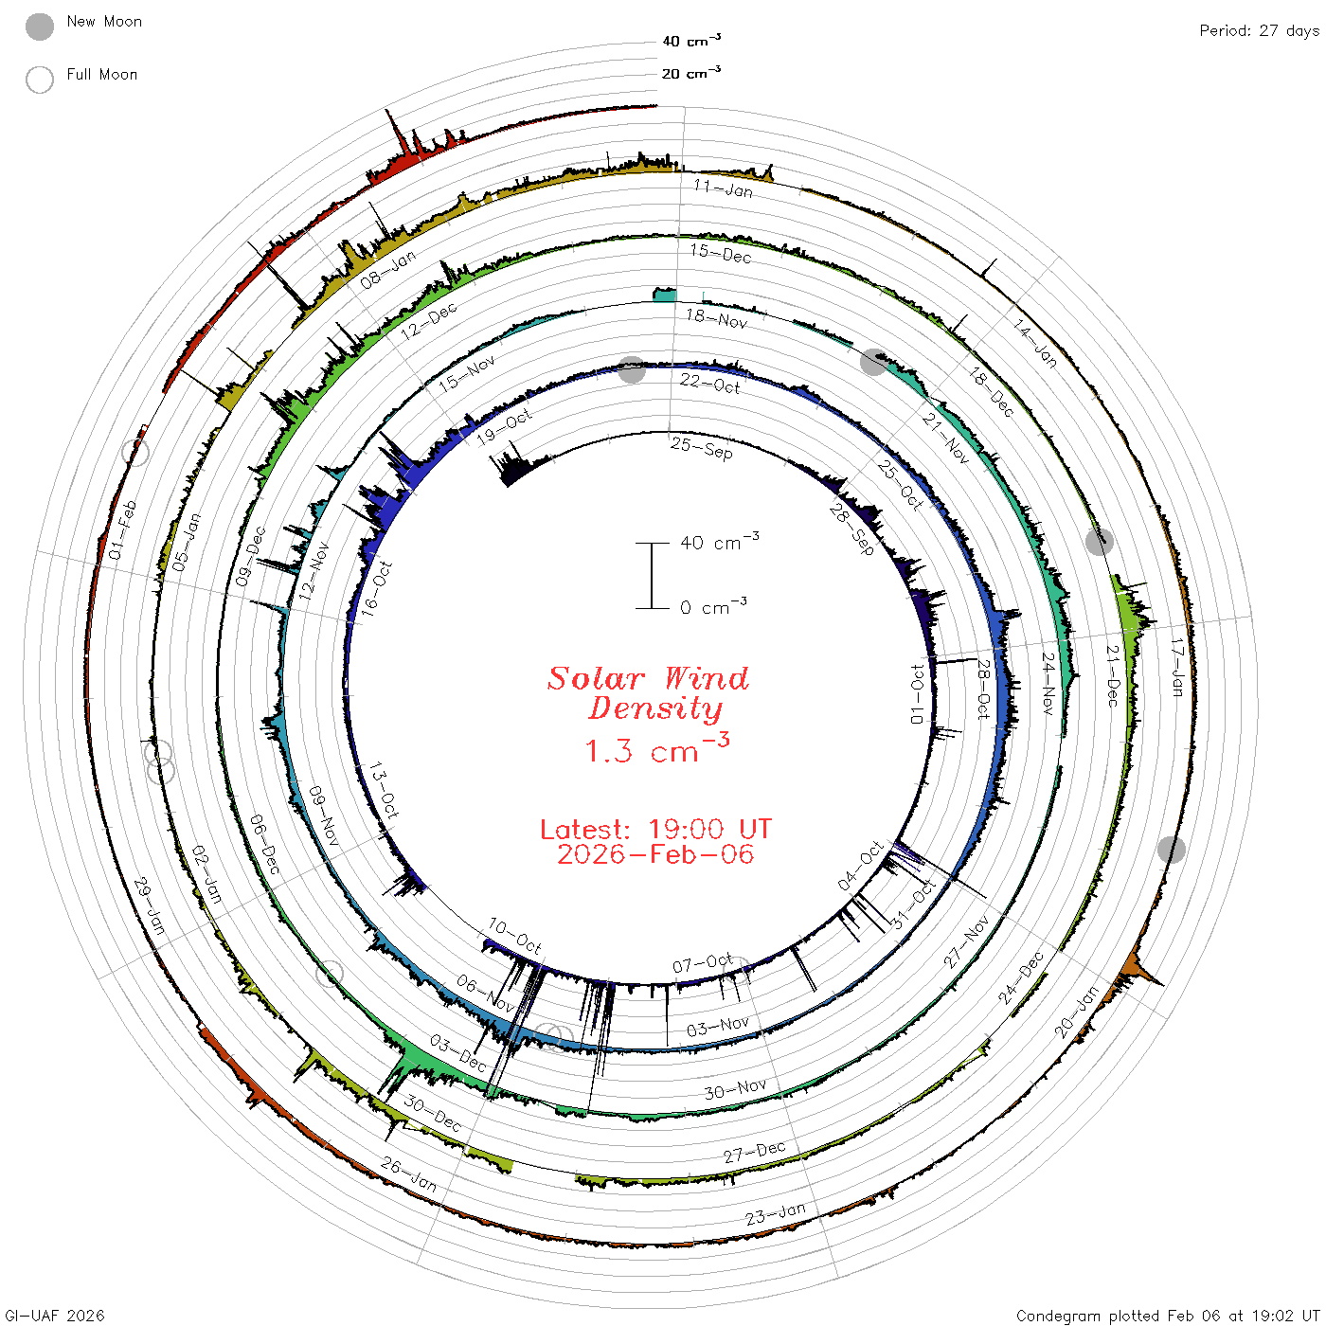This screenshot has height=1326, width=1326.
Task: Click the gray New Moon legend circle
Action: pyautogui.click(x=40, y=27)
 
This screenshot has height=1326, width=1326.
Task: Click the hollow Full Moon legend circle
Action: pyautogui.click(x=40, y=80)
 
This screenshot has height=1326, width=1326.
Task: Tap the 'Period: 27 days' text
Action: pyautogui.click(x=1259, y=31)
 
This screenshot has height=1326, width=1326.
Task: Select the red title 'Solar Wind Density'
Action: pyautogui.click(x=648, y=693)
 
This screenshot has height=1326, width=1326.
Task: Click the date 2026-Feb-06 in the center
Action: pyautogui.click(x=655, y=854)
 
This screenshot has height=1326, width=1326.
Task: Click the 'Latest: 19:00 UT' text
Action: pyautogui.click(x=655, y=829)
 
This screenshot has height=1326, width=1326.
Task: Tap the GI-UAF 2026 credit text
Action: pyautogui.click(x=55, y=1315)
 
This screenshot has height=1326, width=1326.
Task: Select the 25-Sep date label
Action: pyautogui.click(x=702, y=448)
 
